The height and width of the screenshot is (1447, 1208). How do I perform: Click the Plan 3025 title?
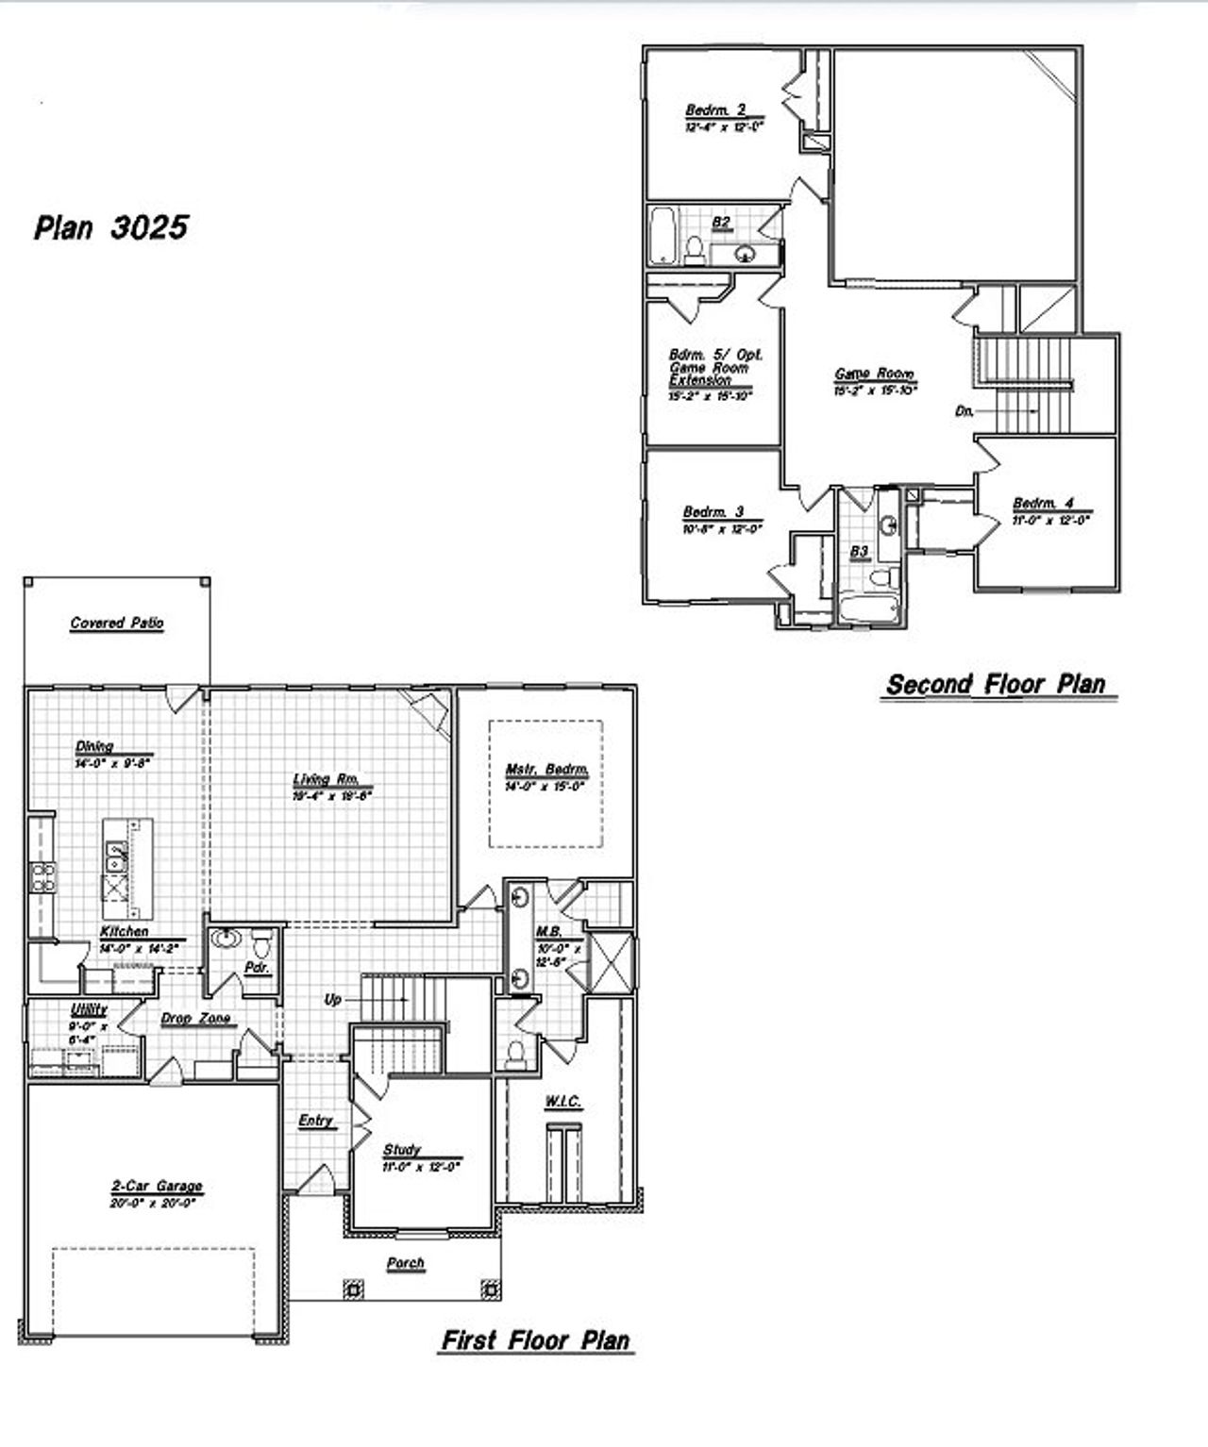[x=111, y=227]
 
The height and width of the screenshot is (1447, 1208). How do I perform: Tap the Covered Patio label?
[x=117, y=624]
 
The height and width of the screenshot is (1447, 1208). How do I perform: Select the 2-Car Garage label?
[x=157, y=1187]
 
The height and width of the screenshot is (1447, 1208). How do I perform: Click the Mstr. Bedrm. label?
[x=546, y=770]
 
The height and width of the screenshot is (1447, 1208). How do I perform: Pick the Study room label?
[x=402, y=1150]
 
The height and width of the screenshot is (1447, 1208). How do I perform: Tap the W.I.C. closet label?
[x=562, y=1102]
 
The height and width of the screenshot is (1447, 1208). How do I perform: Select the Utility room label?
[x=90, y=1010]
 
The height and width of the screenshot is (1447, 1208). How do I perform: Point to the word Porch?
[x=406, y=1263]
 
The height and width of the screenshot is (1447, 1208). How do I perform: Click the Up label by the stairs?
[x=332, y=999]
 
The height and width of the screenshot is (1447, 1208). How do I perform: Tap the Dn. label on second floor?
[x=965, y=411]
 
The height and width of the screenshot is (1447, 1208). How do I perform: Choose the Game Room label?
[x=874, y=374]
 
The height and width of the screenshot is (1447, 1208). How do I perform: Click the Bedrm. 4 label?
[x=1043, y=504]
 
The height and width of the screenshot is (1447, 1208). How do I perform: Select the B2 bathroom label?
[x=721, y=222]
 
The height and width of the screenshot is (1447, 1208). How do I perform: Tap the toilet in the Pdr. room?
[x=262, y=943]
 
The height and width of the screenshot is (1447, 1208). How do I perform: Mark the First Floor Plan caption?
[x=535, y=1340]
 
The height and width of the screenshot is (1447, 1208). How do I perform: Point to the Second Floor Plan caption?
[x=996, y=684]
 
